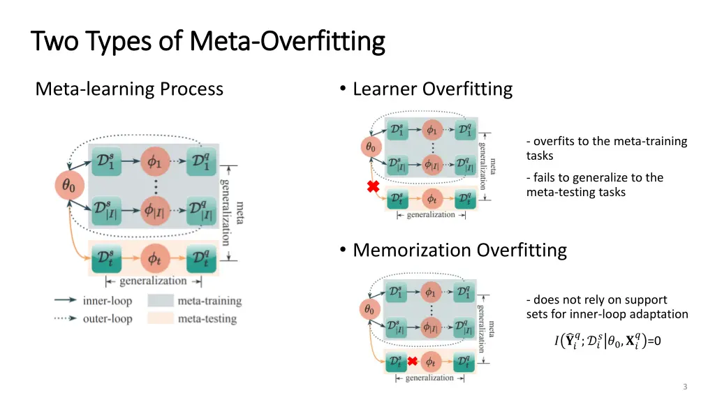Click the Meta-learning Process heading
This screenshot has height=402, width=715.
[x=129, y=89]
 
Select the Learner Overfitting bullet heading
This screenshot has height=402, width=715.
[x=432, y=89]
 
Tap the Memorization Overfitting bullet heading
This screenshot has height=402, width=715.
[x=459, y=250]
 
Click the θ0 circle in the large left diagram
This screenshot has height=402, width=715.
[x=70, y=185]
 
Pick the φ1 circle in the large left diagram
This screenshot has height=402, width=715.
[x=155, y=161]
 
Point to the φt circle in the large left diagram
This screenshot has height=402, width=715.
[x=155, y=258]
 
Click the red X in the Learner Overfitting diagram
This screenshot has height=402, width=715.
[x=374, y=187]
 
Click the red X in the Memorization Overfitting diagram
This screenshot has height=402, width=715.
[x=413, y=362]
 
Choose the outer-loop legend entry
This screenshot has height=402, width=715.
[x=107, y=318]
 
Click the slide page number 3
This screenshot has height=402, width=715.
[x=685, y=387]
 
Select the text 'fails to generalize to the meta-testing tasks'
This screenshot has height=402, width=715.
[x=594, y=184]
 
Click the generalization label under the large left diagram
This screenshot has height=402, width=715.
[x=153, y=281]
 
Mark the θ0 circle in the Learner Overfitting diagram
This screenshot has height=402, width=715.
[x=370, y=147]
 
